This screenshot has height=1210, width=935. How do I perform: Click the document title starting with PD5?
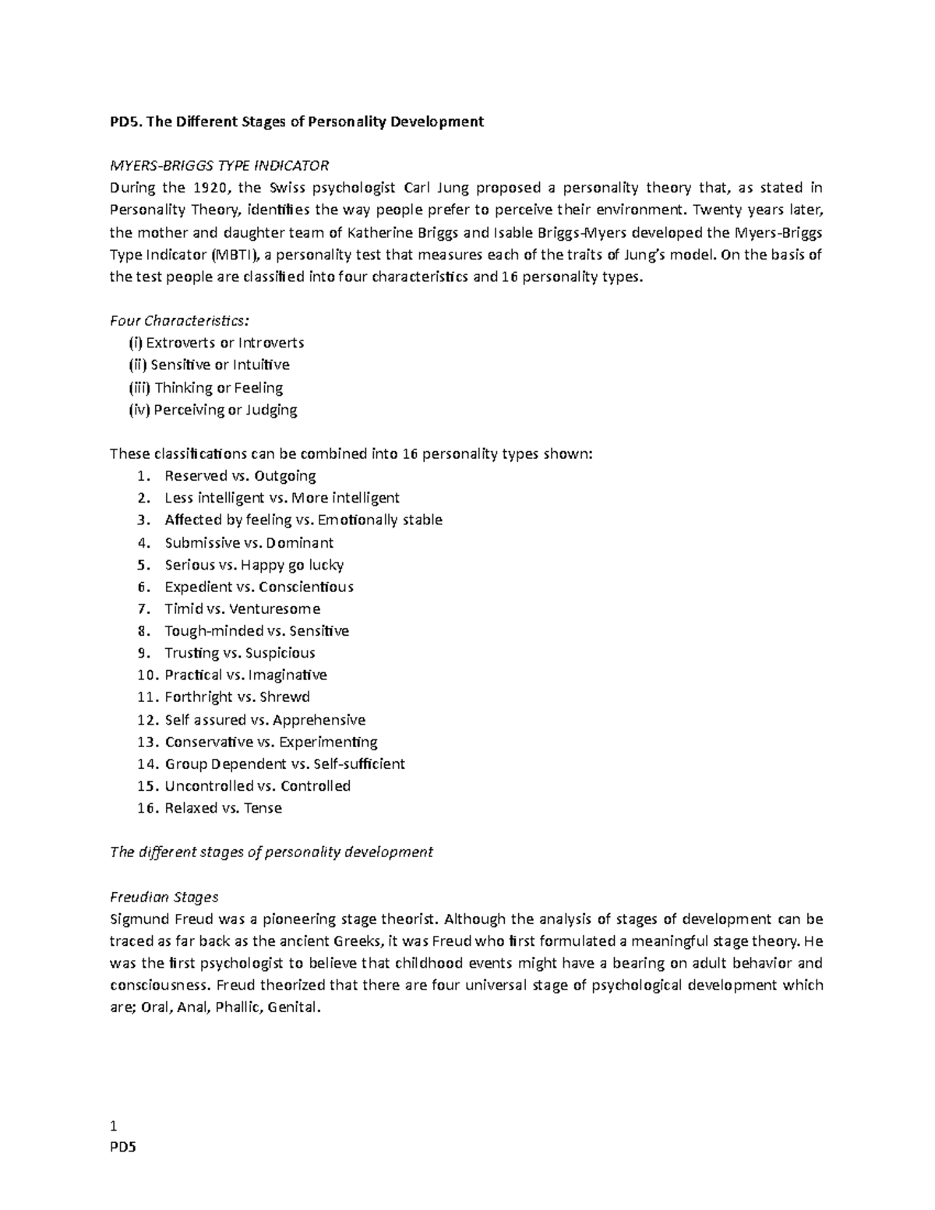pos(297,122)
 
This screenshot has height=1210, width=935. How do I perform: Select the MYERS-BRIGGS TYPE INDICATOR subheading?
pos(220,166)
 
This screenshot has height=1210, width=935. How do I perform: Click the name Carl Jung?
pos(436,188)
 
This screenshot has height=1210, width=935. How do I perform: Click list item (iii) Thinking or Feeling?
pos(206,387)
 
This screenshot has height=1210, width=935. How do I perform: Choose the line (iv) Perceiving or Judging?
pos(213,410)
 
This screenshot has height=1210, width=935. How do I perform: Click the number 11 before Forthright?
pos(144,697)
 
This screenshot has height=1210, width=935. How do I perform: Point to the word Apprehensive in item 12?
pos(319,720)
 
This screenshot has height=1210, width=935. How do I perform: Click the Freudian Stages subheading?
pos(164,897)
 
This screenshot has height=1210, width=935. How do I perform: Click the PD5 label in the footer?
pos(122,1148)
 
